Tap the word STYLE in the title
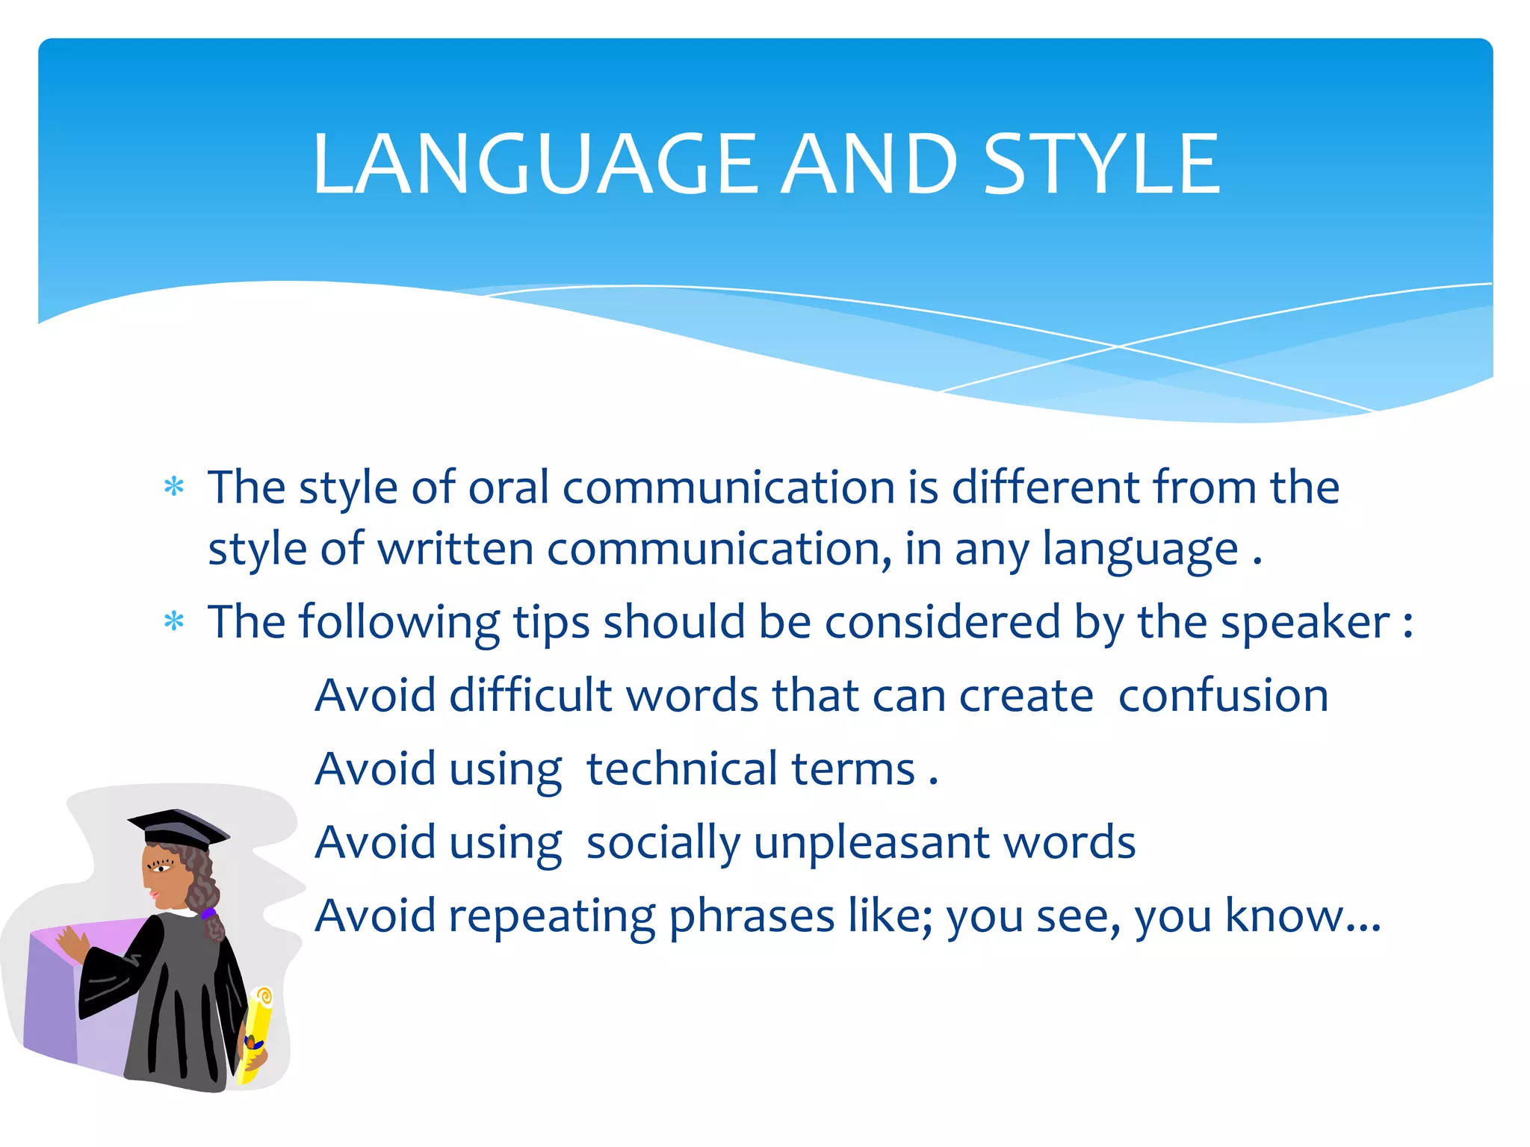point(1102,164)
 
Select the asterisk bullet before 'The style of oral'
point(174,488)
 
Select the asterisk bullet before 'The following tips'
point(174,621)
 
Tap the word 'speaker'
point(1304,622)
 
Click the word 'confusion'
point(1223,695)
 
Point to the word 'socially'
point(663,842)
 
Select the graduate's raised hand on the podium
point(72,945)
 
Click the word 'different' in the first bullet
point(1045,488)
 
